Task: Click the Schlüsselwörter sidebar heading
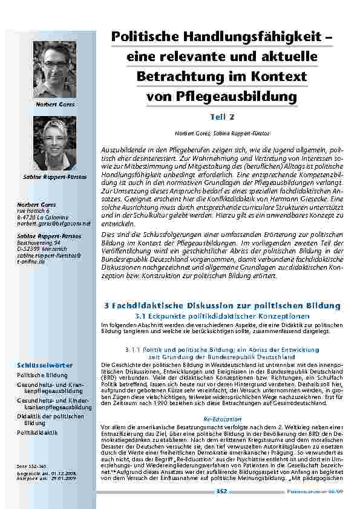[45, 365]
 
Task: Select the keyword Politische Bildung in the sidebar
[41, 375]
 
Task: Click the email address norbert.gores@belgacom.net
[53, 223]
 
